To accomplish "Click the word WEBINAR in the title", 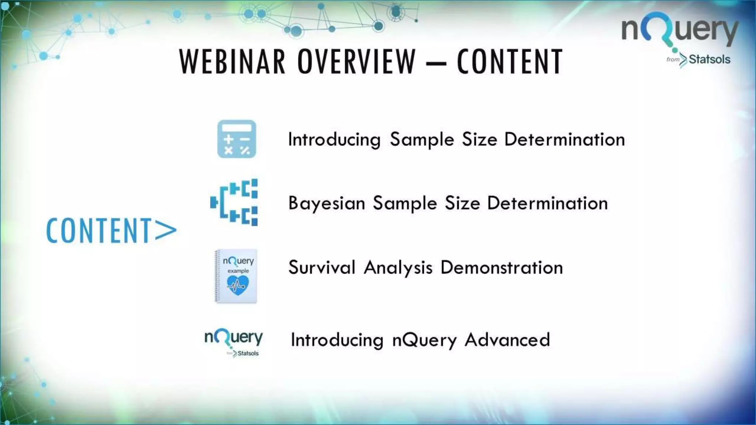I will coord(232,62).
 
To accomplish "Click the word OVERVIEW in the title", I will coord(357,62).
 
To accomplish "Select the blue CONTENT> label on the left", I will coord(111,231).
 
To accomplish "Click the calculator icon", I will coord(237,139).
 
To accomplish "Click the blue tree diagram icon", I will coord(234,202).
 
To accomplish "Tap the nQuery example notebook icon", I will coord(236,276).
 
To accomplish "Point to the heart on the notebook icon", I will coord(237,286).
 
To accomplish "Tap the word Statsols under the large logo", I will coord(709,59).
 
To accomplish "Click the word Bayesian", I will coord(327,203).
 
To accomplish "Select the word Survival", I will coord(322,267).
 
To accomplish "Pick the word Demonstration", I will coord(502,267).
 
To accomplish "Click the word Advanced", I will coord(507,340).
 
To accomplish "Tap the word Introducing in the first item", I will coord(334,140).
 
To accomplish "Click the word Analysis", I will coord(398,267).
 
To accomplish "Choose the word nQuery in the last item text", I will coord(425,340).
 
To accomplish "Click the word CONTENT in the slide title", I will coord(510,62).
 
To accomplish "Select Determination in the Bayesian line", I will coord(547,203).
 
